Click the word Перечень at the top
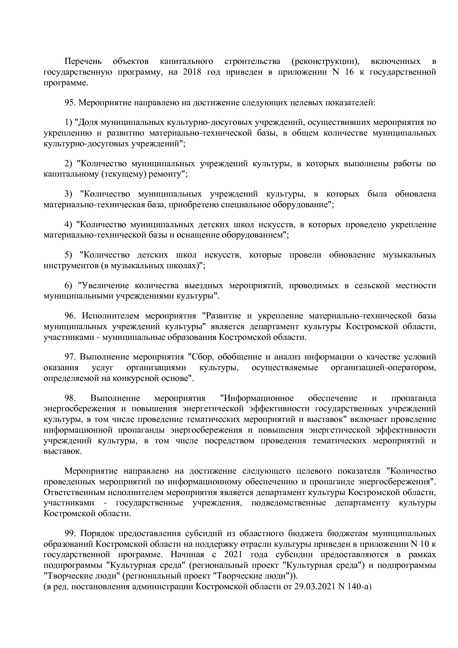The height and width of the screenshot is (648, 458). [x=83, y=61]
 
